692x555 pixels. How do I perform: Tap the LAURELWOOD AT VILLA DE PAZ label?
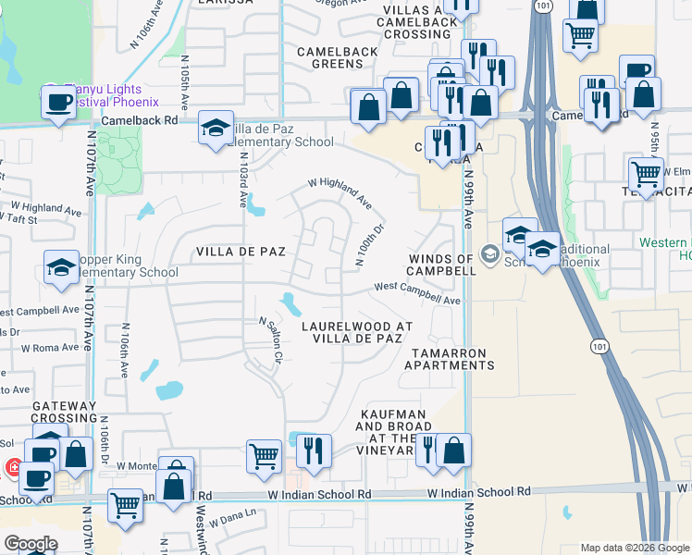(x=357, y=333)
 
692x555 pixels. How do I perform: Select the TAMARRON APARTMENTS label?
(x=449, y=359)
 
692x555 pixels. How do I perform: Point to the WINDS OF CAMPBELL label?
(x=444, y=265)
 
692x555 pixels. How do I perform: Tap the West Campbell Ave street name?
(x=416, y=293)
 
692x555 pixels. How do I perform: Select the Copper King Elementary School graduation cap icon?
(x=62, y=268)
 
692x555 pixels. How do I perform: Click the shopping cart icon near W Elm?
(x=645, y=171)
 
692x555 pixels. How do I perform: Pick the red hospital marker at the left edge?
(x=14, y=468)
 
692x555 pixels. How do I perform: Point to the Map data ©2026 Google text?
(x=633, y=547)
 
